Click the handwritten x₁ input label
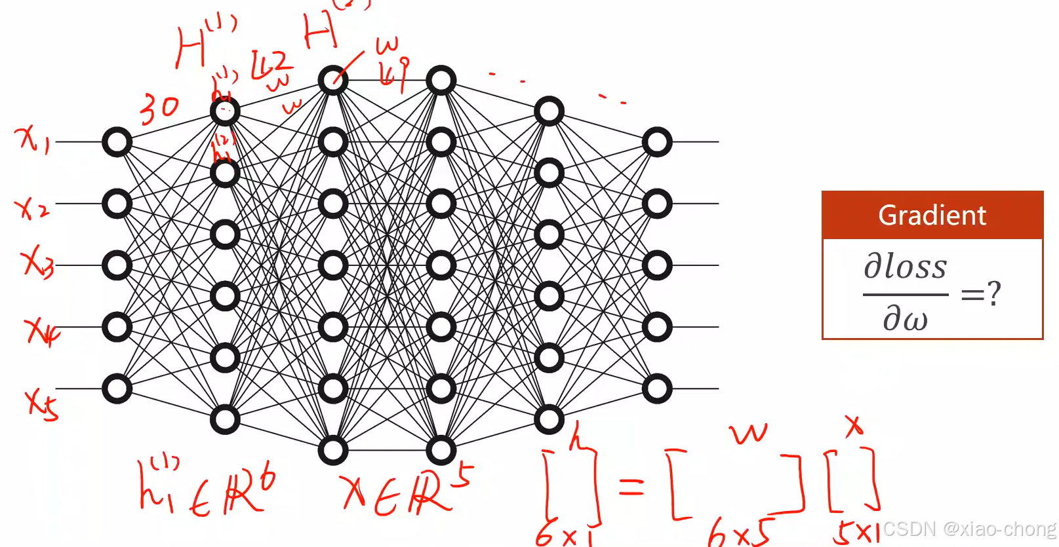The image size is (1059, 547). (33, 140)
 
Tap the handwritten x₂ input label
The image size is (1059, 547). (31, 208)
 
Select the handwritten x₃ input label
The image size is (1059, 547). (37, 262)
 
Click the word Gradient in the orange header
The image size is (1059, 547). (932, 216)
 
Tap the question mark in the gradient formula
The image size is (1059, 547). (994, 293)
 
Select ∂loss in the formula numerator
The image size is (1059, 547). (906, 266)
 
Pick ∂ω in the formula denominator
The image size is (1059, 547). (905, 319)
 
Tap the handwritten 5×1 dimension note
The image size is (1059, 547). (856, 533)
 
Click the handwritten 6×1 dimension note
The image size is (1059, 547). (565, 536)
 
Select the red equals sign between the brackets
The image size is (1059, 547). (631, 486)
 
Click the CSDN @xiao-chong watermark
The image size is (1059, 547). (969, 529)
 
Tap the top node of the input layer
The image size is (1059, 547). (117, 142)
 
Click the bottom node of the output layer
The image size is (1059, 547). (657, 388)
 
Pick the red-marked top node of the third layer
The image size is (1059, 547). (333, 81)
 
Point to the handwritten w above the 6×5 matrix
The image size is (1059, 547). (748, 433)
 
